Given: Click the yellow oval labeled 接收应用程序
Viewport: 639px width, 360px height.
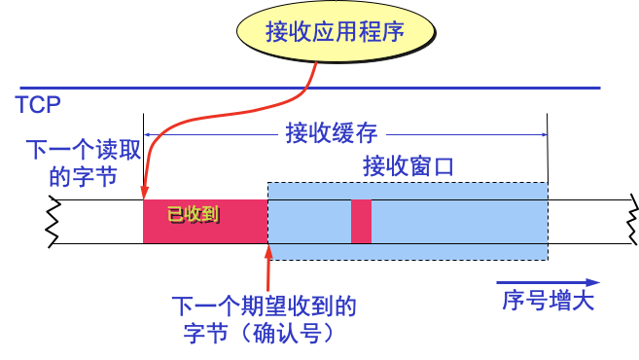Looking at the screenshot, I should tap(334, 31).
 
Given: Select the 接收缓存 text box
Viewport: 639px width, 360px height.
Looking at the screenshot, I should tap(331, 131).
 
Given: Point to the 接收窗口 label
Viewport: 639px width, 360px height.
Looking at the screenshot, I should tap(408, 166).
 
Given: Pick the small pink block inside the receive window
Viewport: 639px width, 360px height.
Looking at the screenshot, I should tap(361, 221).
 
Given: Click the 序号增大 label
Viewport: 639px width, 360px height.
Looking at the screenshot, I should tap(549, 300).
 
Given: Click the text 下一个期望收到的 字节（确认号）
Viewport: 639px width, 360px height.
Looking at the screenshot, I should tap(264, 320).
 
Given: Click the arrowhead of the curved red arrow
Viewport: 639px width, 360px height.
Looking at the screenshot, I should tap(145, 195).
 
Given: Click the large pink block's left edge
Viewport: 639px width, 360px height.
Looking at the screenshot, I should tap(144, 221).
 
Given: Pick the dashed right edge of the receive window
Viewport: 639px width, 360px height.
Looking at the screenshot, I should tap(548, 221).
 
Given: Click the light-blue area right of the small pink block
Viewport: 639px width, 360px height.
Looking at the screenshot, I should tap(457, 221).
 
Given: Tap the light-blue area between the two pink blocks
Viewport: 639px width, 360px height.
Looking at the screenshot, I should tap(308, 221).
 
